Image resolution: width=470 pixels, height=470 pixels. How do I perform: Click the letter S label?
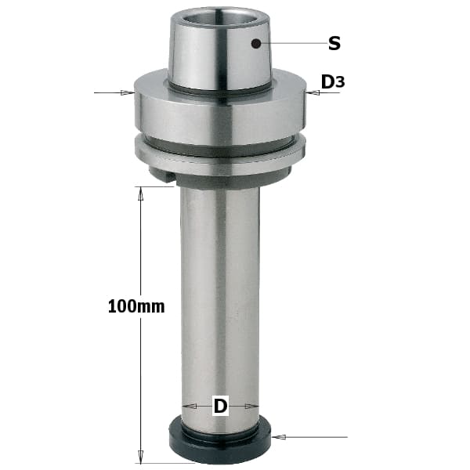click(334, 43)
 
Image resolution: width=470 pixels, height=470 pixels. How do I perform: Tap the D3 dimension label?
click(333, 81)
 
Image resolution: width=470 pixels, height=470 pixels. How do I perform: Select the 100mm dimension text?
click(136, 306)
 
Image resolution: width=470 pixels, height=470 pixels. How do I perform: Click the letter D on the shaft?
click(221, 406)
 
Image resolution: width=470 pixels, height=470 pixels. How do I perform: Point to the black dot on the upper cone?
click(255, 44)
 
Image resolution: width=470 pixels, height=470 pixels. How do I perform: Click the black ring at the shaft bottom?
click(219, 441)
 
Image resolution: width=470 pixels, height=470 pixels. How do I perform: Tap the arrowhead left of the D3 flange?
click(128, 92)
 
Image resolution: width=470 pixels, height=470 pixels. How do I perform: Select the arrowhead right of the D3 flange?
click(313, 92)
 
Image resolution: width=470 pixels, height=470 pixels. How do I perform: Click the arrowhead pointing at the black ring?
click(278, 437)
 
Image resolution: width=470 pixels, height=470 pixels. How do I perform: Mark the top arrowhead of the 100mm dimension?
click(140, 193)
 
